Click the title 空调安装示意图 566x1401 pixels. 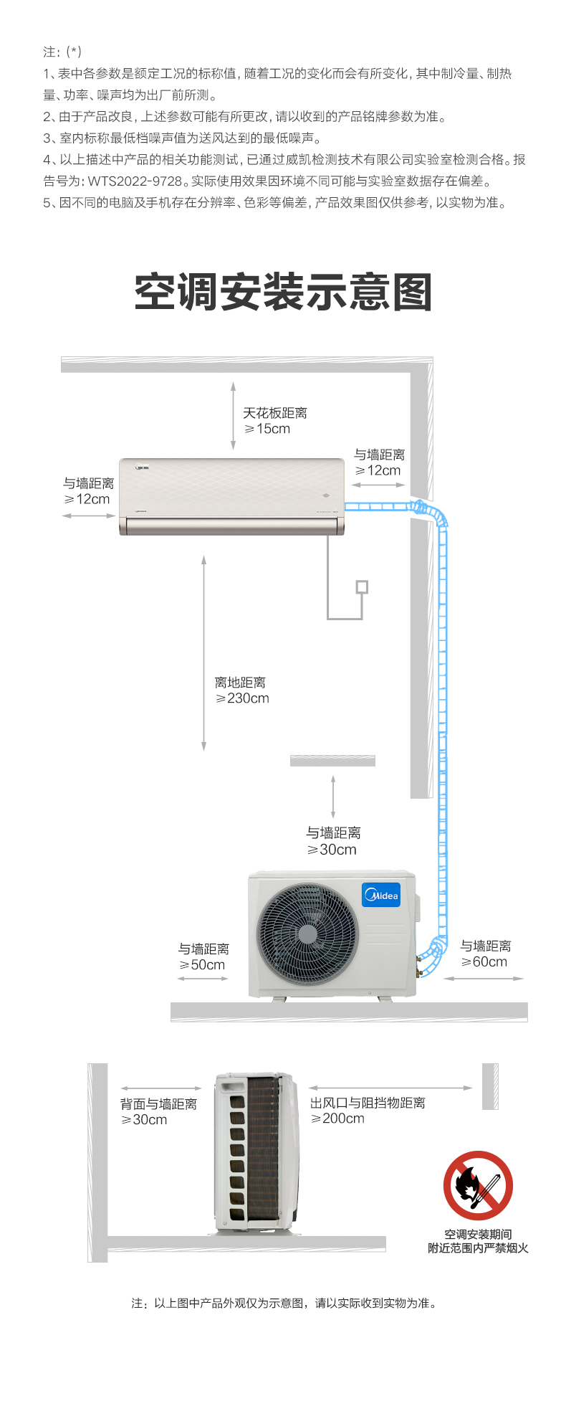[x=283, y=293]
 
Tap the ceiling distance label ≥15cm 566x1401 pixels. [x=267, y=429]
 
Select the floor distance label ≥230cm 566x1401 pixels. [x=242, y=698]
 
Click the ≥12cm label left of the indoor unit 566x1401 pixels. [x=87, y=499]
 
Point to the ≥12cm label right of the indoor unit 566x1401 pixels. [x=378, y=470]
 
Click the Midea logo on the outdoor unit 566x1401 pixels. [x=381, y=895]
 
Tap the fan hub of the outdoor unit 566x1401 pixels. [x=307, y=934]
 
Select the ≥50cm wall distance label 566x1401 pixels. [x=203, y=965]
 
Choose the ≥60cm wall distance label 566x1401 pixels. [x=484, y=962]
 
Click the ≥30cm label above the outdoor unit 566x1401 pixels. [x=332, y=850]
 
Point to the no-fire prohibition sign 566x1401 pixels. [x=478, y=1185]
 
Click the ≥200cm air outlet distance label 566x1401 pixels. [x=337, y=1119]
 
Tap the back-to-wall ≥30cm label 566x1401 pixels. [x=144, y=1120]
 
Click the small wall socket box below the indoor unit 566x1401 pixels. [x=362, y=587]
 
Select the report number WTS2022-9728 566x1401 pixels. [x=135, y=181]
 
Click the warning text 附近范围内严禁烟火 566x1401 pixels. [x=478, y=1248]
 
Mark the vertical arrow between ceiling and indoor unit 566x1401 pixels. [x=233, y=416]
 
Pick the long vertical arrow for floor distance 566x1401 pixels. [x=204, y=652]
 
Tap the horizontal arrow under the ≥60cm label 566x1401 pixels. [x=484, y=978]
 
